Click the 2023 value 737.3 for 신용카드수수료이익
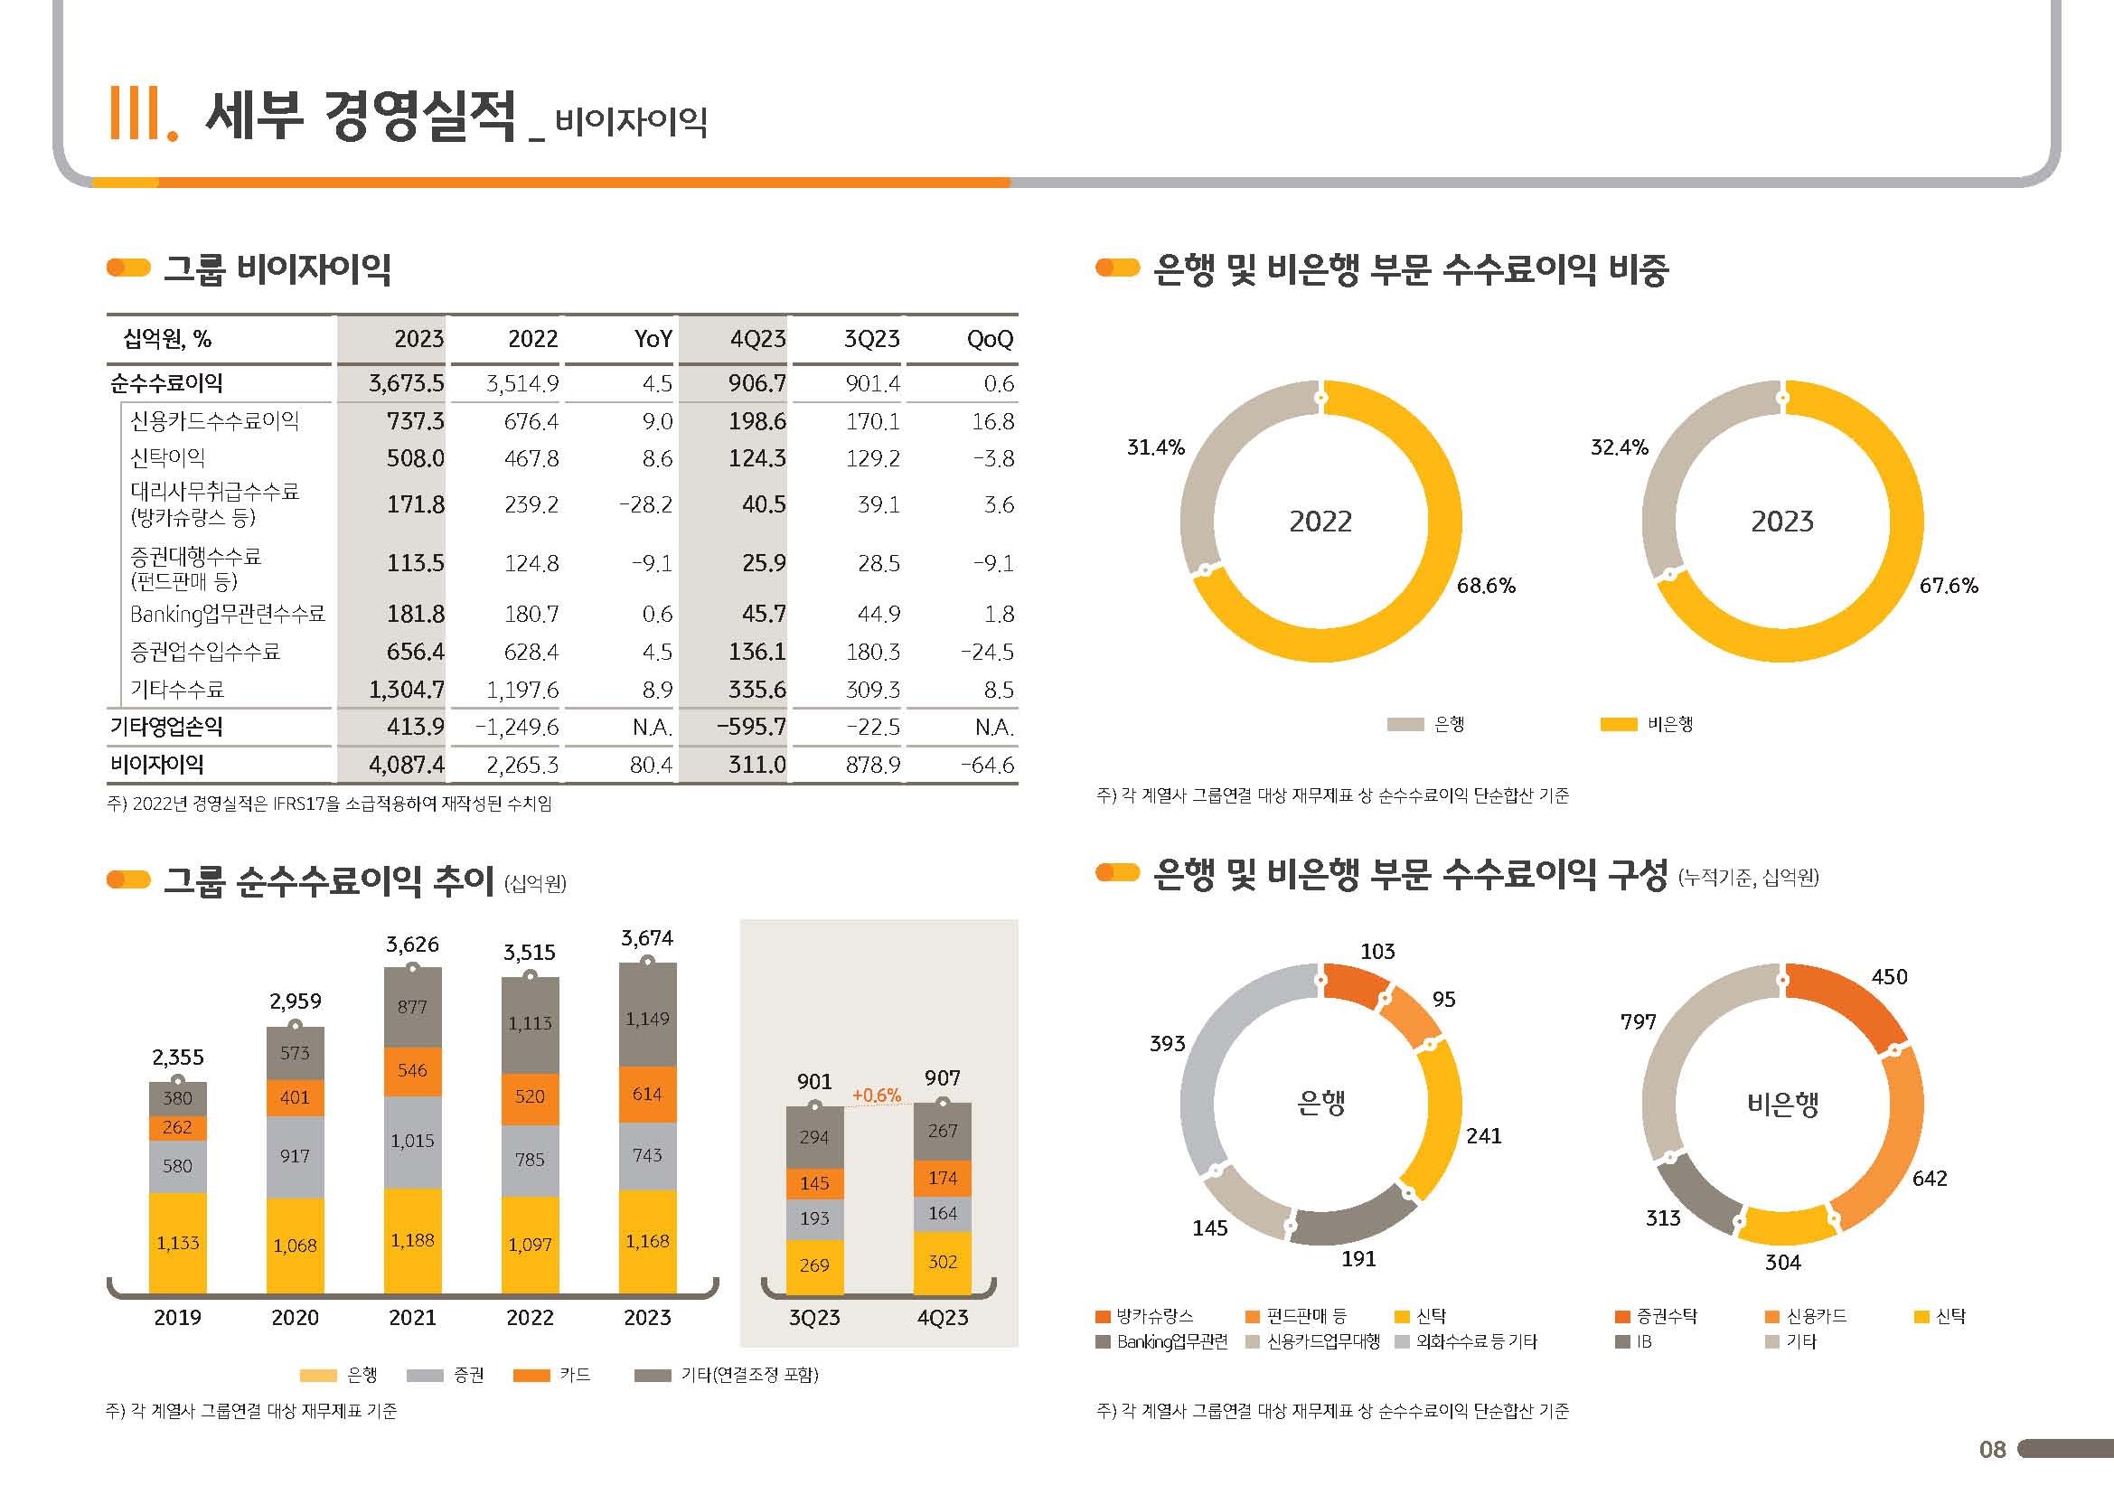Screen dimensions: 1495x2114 point(415,421)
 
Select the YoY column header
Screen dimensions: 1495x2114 point(653,340)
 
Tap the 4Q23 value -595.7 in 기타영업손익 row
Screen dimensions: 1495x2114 point(751,728)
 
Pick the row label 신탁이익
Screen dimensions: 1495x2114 point(167,458)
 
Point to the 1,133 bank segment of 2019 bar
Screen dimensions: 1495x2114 point(178,1243)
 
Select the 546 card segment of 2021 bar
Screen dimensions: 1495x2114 point(412,1070)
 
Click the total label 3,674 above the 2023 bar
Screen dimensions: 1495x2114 point(647,938)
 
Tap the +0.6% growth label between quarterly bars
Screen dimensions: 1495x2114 point(877,1095)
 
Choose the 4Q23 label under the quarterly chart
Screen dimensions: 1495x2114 point(943,1318)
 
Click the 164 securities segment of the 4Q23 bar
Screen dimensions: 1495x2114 point(943,1213)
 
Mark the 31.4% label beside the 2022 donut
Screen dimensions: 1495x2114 point(1156,447)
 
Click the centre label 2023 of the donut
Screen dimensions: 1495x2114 point(1781,522)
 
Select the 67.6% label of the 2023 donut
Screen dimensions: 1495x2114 point(1949,586)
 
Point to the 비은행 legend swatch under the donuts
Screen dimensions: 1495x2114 point(1619,725)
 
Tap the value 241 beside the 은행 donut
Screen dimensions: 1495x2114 point(1483,1136)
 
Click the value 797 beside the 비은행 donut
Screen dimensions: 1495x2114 point(1638,1022)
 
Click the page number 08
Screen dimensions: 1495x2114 point(1992,1450)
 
